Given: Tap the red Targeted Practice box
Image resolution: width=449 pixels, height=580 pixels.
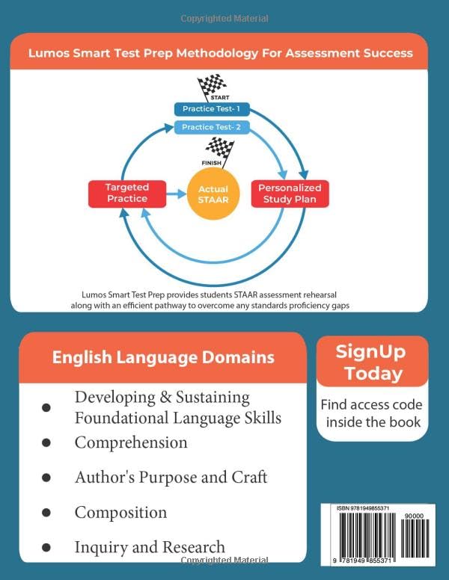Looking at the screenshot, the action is coord(126,193).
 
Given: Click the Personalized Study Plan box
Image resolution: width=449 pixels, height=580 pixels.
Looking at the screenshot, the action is coord(289,194).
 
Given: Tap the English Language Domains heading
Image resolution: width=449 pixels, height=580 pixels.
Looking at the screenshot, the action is coord(162,357).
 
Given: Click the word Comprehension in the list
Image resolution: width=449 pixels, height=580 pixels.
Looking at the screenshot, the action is coord(131,442).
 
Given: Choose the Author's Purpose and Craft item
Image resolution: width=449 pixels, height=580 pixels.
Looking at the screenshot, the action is coord(171,477).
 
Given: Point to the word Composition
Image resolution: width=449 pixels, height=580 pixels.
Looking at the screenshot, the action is coord(120,512).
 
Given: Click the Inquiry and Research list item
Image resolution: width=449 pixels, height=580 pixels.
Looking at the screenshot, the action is coord(150,547).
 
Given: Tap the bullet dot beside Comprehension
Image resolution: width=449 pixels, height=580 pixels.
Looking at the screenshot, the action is coord(46,443).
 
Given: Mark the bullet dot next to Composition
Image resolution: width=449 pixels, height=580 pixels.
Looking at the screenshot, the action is coord(46,513).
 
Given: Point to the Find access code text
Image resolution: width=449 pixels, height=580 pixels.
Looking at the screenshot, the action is coord(371,405).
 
